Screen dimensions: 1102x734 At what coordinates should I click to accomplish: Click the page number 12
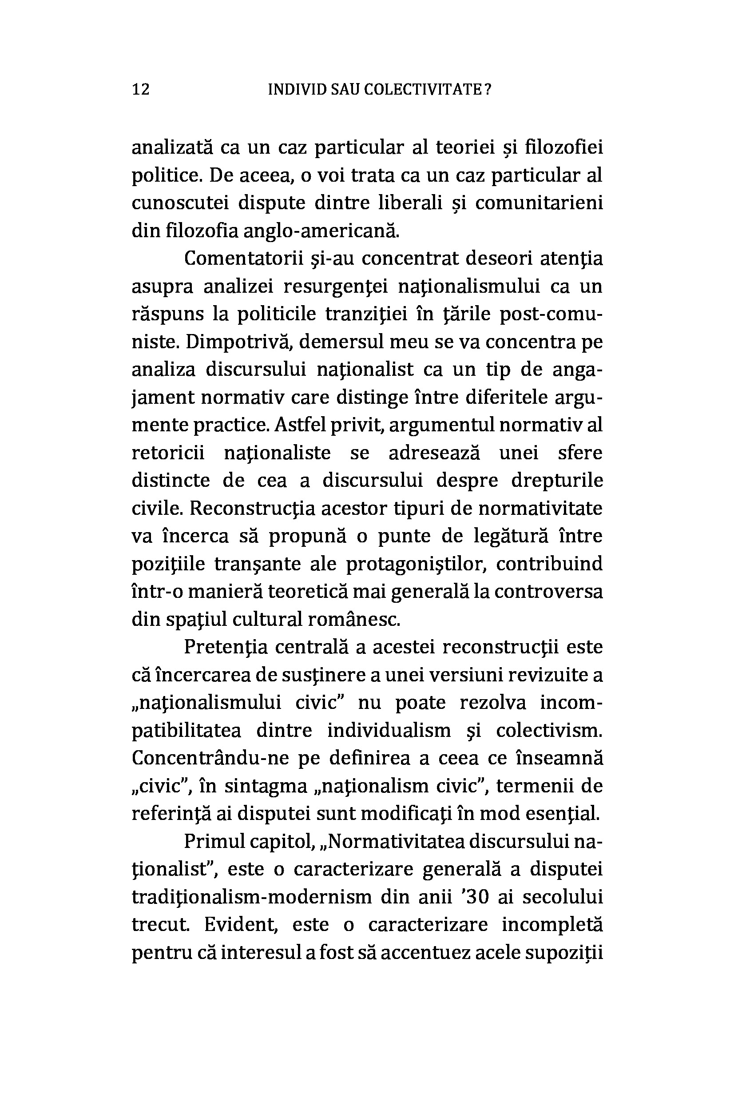click(141, 89)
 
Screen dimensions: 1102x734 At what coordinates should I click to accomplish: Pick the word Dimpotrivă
click(239, 342)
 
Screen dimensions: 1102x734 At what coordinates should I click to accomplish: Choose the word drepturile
click(557, 481)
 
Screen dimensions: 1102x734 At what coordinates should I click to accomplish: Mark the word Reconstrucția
click(254, 509)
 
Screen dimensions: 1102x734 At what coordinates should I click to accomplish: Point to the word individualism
click(389, 731)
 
